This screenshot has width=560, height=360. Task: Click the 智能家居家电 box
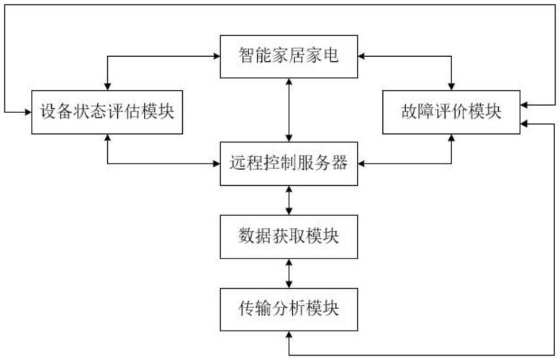(289, 55)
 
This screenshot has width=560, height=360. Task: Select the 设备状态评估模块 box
(107, 112)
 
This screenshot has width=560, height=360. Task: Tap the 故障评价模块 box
(451, 112)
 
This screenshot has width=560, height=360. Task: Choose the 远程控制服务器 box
(289, 163)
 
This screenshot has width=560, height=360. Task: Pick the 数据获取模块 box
(289, 237)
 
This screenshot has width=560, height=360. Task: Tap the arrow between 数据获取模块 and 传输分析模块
(289, 274)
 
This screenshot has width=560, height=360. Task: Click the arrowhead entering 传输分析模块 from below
(289, 333)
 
